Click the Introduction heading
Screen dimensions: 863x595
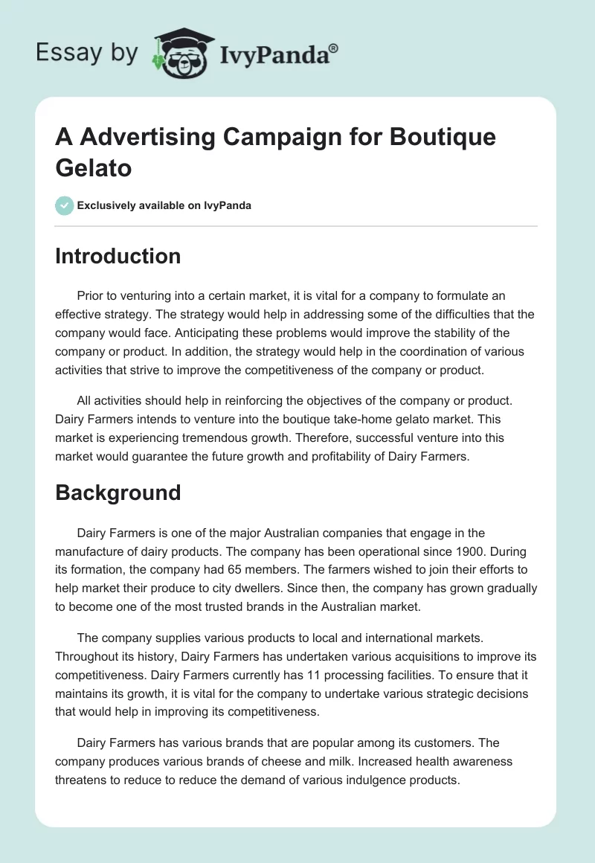[x=118, y=256]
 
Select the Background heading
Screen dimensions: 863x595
[x=118, y=493]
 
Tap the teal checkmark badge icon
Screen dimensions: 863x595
[x=65, y=205]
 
